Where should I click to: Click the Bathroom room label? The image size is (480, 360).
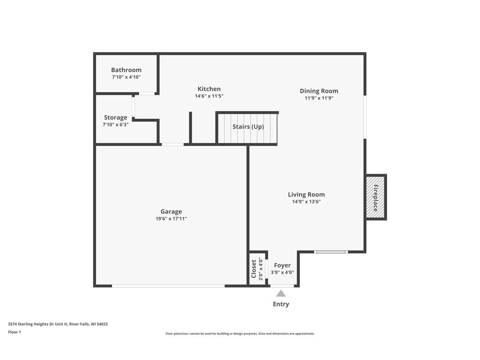click(126, 70)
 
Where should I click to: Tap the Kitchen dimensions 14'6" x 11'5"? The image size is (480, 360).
click(209, 96)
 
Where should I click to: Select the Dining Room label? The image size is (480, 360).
click(319, 91)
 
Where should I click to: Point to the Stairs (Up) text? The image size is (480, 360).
click(248, 127)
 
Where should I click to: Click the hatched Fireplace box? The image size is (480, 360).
click(375, 197)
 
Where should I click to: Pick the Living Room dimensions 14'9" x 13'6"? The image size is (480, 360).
click(306, 202)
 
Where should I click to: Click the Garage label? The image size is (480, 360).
click(171, 211)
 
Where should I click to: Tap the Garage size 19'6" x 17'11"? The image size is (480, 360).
click(171, 218)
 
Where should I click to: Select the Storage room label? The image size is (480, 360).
click(115, 118)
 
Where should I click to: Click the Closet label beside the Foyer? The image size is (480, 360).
click(254, 269)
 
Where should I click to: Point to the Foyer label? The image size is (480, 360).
click(282, 265)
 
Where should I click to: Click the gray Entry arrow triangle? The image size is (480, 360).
click(281, 293)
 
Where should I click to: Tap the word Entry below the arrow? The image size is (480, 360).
click(281, 304)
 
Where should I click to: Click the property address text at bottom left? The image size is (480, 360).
click(58, 324)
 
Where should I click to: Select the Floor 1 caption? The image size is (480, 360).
click(15, 332)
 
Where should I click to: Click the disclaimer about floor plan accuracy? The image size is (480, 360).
click(240, 334)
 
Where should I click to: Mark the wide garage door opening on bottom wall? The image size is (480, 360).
click(168, 285)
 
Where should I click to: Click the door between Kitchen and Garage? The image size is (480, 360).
click(172, 144)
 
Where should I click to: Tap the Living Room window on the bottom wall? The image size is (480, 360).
click(331, 252)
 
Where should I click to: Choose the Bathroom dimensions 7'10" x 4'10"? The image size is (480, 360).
click(126, 77)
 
